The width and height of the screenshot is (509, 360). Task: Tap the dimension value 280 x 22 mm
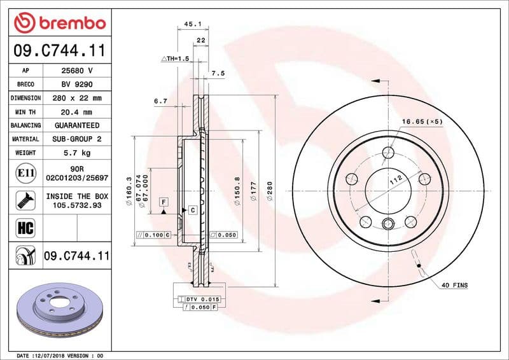tap(78, 98)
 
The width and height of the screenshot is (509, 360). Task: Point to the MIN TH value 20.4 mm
tap(78, 112)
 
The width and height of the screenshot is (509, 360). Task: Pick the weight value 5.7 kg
tap(78, 153)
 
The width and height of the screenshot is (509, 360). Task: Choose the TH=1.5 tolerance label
tap(176, 59)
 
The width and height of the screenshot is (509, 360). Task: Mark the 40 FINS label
tap(454, 285)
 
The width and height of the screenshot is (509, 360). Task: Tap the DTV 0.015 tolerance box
tap(202, 299)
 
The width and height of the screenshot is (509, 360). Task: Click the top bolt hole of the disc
tap(389, 152)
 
